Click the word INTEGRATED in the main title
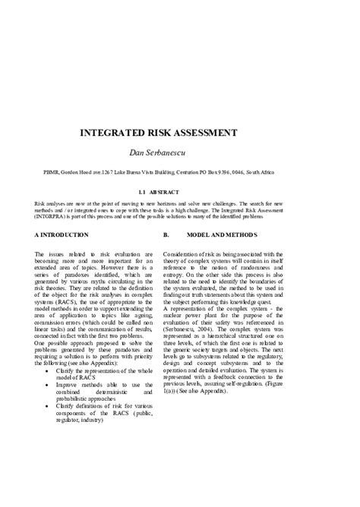[121, 132]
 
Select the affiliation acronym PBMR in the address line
[52, 172]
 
